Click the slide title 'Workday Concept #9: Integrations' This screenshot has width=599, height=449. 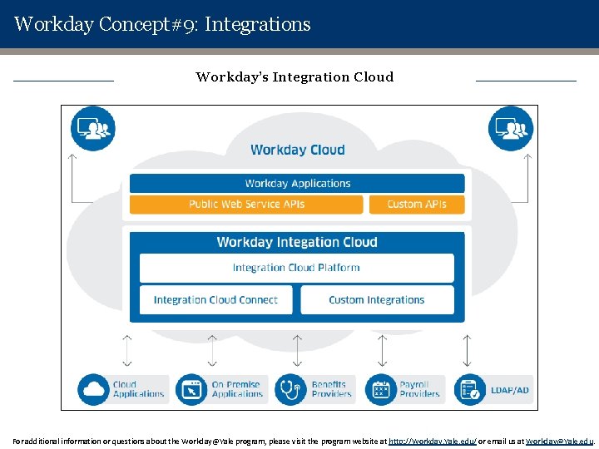click(162, 24)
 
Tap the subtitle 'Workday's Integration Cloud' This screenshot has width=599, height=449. click(295, 77)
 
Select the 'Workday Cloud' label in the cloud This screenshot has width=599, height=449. click(297, 150)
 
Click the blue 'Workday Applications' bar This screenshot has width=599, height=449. click(297, 183)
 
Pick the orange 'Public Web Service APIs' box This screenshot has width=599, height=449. click(246, 204)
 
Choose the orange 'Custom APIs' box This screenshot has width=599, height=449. click(417, 204)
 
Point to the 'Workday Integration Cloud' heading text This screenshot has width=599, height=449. click(297, 242)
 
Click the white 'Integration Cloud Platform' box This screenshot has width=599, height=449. click(296, 268)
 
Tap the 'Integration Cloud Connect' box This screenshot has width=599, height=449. click(215, 299)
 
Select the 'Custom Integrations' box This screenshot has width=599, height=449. click(377, 299)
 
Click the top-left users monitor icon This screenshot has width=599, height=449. click(93, 128)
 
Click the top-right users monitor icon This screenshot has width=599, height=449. click(510, 128)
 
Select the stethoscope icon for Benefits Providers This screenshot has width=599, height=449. click(290, 389)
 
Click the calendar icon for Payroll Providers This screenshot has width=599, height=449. click(381, 389)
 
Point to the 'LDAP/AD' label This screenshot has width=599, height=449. click(510, 389)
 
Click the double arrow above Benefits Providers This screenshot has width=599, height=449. click(297, 350)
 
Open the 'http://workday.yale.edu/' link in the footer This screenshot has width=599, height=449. click(433, 441)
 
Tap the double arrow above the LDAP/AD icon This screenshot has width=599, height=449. click(467, 350)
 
